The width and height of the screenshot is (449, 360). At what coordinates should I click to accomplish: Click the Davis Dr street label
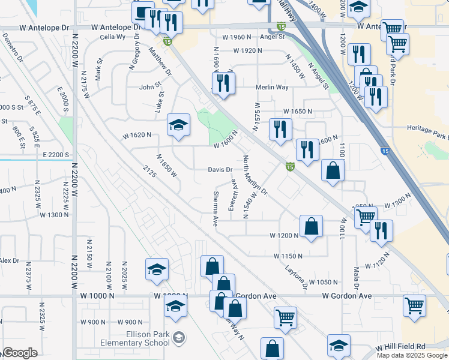click(x=220, y=169)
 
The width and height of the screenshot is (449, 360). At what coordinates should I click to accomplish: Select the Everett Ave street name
click(x=232, y=195)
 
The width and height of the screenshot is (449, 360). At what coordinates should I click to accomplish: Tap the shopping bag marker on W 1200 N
click(x=311, y=227)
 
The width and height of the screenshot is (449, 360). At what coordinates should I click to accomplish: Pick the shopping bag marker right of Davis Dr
click(x=333, y=171)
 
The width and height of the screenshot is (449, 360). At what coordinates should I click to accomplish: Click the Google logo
click(x=20, y=353)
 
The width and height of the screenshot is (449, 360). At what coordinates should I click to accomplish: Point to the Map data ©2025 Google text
click(x=411, y=355)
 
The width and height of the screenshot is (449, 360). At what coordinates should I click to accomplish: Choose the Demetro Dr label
click(x=13, y=49)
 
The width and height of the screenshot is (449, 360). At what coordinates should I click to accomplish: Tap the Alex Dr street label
click(x=10, y=261)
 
